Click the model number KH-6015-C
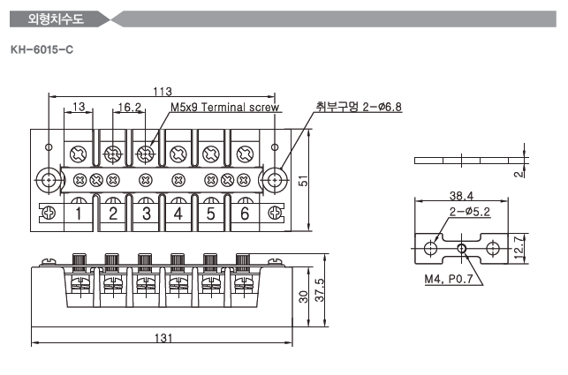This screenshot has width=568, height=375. click(x=41, y=48)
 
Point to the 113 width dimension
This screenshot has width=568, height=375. click(x=162, y=92)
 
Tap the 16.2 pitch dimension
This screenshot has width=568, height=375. click(x=129, y=108)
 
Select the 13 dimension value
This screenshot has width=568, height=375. click(x=79, y=108)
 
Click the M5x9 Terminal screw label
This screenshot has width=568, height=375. click(x=224, y=108)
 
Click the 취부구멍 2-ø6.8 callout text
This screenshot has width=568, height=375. click(x=359, y=107)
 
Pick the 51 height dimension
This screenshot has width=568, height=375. click(x=303, y=180)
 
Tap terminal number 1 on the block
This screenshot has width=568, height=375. click(x=80, y=214)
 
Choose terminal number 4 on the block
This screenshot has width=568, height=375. click(x=178, y=214)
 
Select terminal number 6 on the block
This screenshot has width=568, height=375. click(x=245, y=214)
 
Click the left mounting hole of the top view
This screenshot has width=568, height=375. click(x=49, y=180)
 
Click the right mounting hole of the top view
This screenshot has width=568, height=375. click(x=276, y=180)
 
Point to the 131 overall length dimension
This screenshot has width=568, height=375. click(x=162, y=338)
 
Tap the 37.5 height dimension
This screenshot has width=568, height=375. click(x=321, y=289)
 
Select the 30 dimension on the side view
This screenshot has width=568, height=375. click(x=303, y=297)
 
